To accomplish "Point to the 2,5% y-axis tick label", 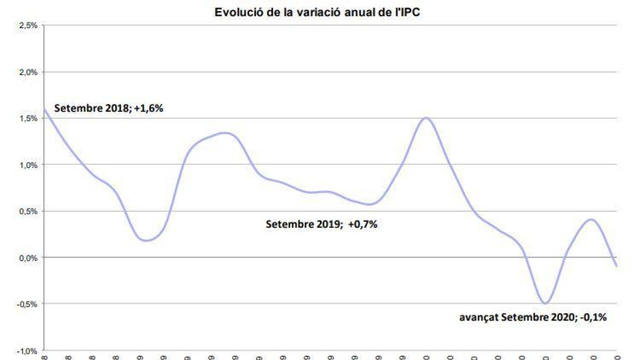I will point(28,25).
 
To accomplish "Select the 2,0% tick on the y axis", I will point(28,72).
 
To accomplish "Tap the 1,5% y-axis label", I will point(28,118).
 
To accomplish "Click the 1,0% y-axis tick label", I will point(28,165).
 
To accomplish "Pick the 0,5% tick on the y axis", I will point(28,211).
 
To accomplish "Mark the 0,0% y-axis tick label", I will point(28,258).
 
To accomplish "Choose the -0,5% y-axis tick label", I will point(27,304).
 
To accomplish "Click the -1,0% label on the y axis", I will point(27,351).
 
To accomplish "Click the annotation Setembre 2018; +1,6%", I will point(108,109).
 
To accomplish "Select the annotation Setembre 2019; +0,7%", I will point(322,225).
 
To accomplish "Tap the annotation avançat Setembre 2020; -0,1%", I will point(533,317).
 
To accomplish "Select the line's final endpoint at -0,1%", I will point(617,266).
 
